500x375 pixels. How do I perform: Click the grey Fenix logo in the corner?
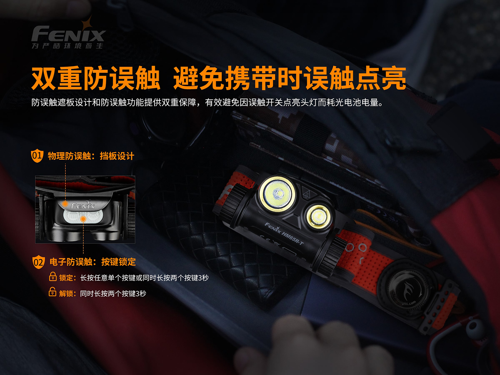pos(68,34)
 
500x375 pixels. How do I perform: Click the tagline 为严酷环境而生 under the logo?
pos(67,46)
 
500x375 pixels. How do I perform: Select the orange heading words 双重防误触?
pos(96,78)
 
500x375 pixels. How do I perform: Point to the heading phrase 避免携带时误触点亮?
pos(290,78)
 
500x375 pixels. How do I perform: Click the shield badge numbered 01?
pos(37,156)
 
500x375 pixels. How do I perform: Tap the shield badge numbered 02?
pos(38,262)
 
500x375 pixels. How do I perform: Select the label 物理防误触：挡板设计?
pos(91,156)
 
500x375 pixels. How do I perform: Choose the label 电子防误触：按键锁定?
pos(92,262)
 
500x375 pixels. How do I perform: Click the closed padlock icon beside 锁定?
pos(53,277)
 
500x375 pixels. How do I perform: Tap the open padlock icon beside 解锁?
pos(52,292)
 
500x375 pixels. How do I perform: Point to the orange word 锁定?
pos(66,278)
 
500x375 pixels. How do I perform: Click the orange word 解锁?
pos(66,294)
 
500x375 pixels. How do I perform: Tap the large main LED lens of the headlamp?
pos(277,194)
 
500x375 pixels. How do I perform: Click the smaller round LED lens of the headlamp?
pos(319,216)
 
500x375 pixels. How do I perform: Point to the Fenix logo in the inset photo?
pos(83,205)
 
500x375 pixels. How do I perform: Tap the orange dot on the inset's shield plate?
pos(65,204)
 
